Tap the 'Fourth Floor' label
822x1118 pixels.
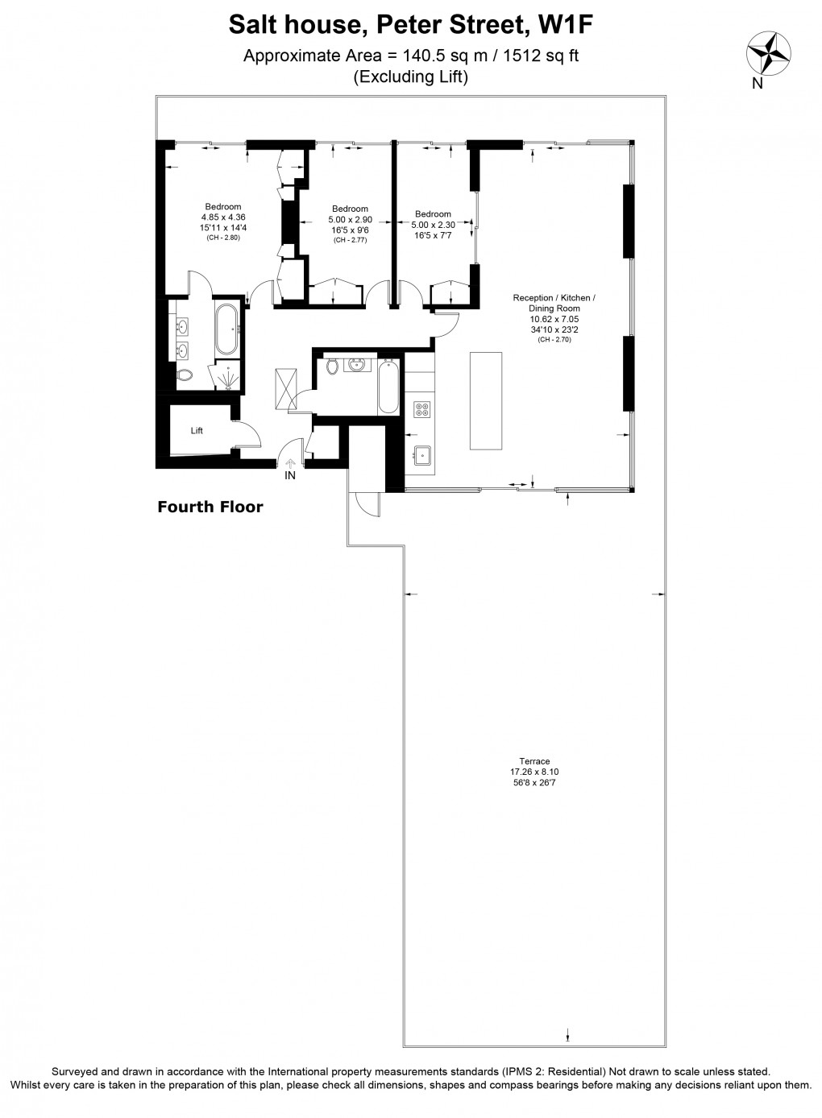click(x=210, y=507)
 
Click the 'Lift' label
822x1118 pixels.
click(x=197, y=431)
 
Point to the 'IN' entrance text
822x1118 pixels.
click(x=289, y=475)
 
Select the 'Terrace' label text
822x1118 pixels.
click(x=534, y=761)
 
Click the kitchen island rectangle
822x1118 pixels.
click(x=485, y=400)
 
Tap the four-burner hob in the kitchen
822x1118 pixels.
click(x=421, y=409)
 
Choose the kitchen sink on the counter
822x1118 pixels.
click(x=421, y=455)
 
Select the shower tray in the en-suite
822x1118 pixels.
click(x=226, y=376)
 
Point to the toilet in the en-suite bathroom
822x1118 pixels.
click(x=185, y=375)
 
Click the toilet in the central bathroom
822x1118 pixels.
click(x=332, y=367)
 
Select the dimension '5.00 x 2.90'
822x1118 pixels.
click(x=349, y=220)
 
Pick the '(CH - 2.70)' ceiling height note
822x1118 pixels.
click(x=554, y=340)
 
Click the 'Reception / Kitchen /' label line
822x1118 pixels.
click(x=554, y=298)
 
